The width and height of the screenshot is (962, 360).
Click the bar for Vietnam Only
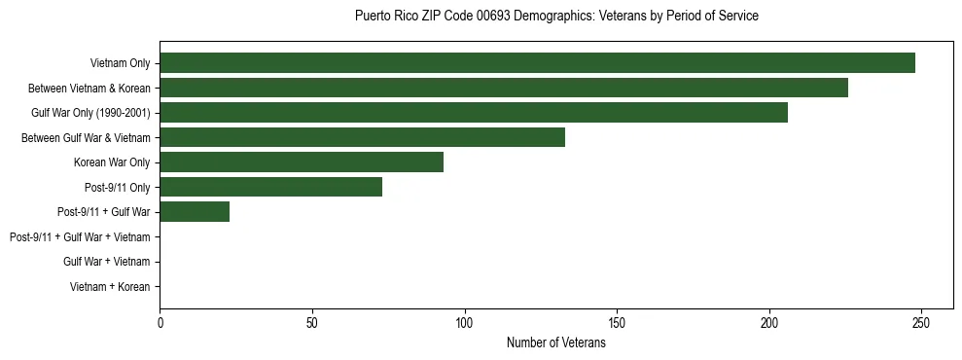(537, 63)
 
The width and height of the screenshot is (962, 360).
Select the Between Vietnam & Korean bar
(504, 88)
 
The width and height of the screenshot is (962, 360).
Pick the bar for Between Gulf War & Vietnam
(362, 137)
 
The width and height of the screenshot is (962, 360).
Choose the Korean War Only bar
(302, 162)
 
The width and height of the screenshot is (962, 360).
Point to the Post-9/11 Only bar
(271, 187)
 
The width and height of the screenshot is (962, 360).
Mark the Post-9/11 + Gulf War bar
(195, 212)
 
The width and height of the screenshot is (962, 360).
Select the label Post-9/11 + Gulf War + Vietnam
(80, 237)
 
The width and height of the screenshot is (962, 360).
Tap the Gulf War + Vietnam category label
(106, 262)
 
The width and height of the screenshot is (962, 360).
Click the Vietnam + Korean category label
(110, 287)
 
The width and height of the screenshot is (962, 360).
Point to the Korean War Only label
(112, 162)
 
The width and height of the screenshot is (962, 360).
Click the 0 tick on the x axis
(160, 322)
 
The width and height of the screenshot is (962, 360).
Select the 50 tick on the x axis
(312, 322)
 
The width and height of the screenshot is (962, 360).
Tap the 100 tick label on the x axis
(464, 322)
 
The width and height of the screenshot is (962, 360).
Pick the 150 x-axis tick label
(617, 322)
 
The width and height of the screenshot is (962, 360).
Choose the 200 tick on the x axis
(769, 322)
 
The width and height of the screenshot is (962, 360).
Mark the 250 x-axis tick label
(921, 322)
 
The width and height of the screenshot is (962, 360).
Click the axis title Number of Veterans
(556, 343)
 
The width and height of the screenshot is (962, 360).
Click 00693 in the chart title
(493, 17)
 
